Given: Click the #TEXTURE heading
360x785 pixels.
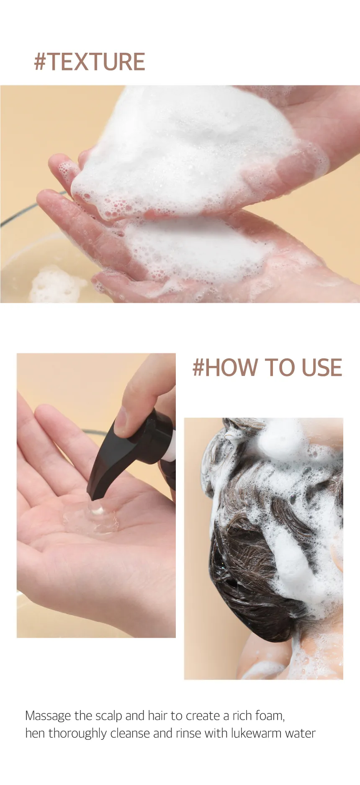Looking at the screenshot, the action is tap(90, 62).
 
